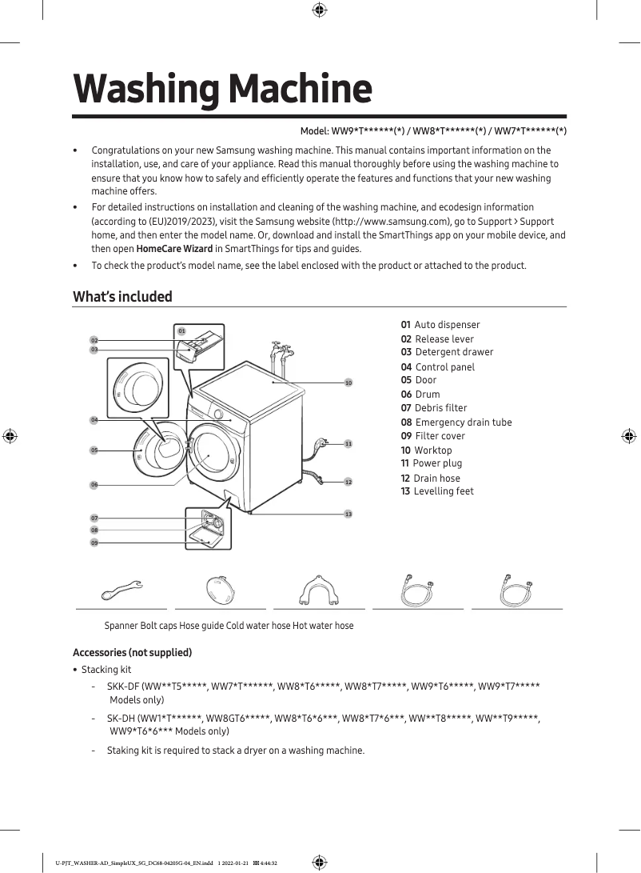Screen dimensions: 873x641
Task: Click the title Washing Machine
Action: point(222,89)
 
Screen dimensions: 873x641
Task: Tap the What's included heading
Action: point(122,297)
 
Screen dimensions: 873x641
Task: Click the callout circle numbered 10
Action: point(348,383)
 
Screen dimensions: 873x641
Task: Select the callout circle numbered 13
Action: point(348,514)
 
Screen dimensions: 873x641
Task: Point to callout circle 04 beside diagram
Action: point(94,420)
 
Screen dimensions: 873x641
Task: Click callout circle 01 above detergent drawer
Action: point(181,330)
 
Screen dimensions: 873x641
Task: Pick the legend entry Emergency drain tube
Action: point(456,422)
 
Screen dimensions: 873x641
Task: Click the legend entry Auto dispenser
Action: point(440,325)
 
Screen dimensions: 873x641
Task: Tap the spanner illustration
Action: point(121,591)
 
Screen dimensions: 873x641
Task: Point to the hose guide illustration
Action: point(318,591)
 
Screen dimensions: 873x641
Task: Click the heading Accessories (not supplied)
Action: point(132,653)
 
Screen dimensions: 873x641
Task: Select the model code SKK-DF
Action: point(123,687)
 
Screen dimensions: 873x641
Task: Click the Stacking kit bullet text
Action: point(106,670)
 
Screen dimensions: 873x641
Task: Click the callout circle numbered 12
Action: point(348,483)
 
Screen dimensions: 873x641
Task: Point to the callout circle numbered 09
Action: point(94,543)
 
